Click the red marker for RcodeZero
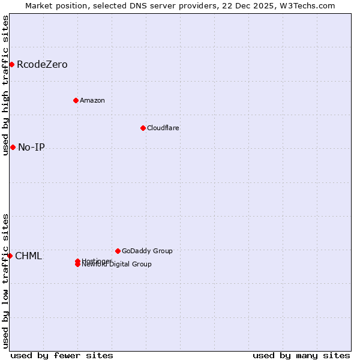11,64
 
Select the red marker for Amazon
76,100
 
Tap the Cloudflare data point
143,128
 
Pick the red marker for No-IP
13,147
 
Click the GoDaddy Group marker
118,251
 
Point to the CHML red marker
10,256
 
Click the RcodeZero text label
42,64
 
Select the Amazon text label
92,100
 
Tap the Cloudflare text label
163,128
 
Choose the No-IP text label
31,147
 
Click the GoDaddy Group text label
147,251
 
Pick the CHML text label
28,256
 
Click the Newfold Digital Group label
117,265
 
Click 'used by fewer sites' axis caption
62,355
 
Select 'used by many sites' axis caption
301,355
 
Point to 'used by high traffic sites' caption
5,85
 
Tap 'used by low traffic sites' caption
5,281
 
